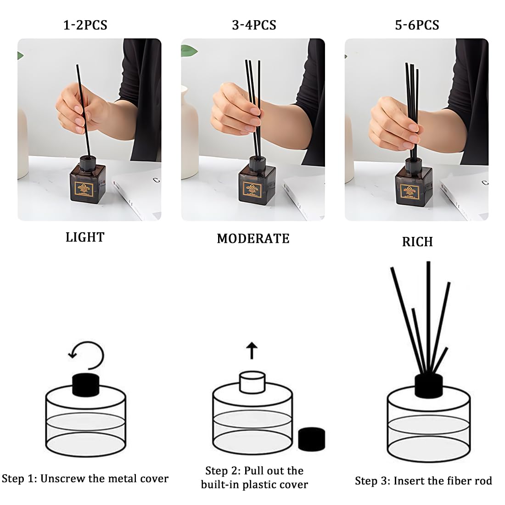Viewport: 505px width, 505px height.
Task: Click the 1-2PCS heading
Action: click(85, 25)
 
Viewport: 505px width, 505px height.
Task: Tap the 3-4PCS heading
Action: click(254, 25)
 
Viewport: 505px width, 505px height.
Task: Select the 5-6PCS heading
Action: click(417, 25)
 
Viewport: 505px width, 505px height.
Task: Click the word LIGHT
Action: click(85, 237)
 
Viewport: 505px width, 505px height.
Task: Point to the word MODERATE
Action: click(253, 239)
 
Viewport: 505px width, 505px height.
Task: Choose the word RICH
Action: click(417, 242)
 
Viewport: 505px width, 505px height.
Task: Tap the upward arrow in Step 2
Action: click(252, 350)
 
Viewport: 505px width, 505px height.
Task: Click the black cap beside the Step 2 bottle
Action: click(311, 439)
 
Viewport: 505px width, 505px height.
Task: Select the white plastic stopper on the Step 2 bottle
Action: click(252, 382)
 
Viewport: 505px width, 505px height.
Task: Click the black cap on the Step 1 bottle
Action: click(86, 385)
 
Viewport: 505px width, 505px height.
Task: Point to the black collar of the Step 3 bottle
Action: click(429, 386)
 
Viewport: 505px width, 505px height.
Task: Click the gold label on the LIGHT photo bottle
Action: click(84, 189)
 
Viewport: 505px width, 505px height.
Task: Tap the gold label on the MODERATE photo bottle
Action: click(252, 190)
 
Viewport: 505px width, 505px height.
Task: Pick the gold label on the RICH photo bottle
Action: click(410, 191)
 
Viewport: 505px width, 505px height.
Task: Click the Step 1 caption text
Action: click(85, 478)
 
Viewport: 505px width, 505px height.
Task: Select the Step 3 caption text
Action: click(424, 481)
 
